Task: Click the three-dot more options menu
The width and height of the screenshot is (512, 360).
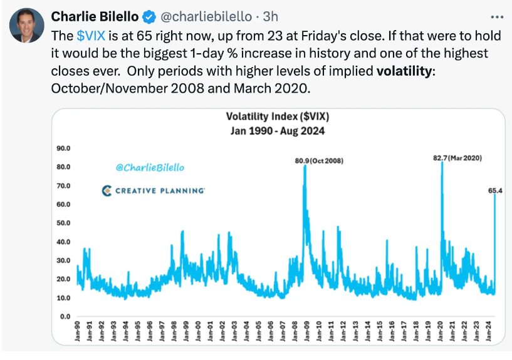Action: click(496, 16)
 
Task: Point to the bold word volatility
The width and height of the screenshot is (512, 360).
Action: click(404, 71)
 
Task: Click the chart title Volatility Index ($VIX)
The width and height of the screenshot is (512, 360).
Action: click(278, 116)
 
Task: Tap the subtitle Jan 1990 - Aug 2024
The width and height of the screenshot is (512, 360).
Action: click(278, 131)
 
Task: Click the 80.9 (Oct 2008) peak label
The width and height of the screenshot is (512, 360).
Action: click(318, 161)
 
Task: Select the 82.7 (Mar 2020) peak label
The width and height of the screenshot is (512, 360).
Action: click(457, 158)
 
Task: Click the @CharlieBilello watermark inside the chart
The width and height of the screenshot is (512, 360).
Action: click(150, 168)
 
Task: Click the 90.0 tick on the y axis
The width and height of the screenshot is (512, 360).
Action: click(64, 149)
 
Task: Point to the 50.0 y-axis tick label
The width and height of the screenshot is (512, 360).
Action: click(64, 224)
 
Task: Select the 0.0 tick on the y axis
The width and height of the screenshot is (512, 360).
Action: click(66, 317)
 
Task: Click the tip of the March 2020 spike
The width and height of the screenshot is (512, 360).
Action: click(442, 163)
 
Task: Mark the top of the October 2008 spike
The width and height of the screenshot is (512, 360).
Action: click(305, 167)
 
